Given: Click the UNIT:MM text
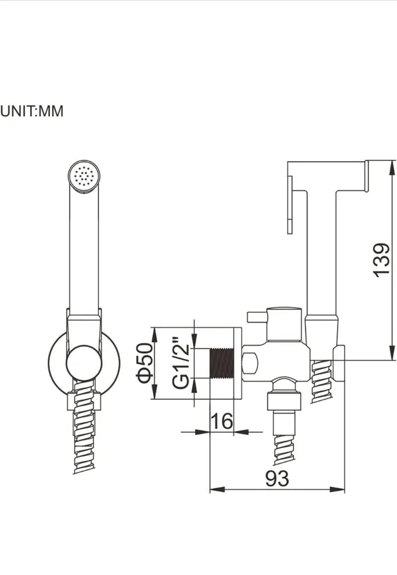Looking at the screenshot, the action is tap(32, 111).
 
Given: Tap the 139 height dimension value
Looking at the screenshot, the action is tap(381, 259).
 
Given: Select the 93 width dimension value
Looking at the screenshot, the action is tap(277, 479).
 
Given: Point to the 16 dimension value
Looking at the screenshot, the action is tap(222, 421).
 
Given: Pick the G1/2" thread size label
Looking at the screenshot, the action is tap(181, 362).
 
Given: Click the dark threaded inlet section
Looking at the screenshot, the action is tap(221, 363).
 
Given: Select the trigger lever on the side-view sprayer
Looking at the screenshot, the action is tap(290, 204).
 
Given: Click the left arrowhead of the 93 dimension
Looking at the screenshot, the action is tap(217, 490).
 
